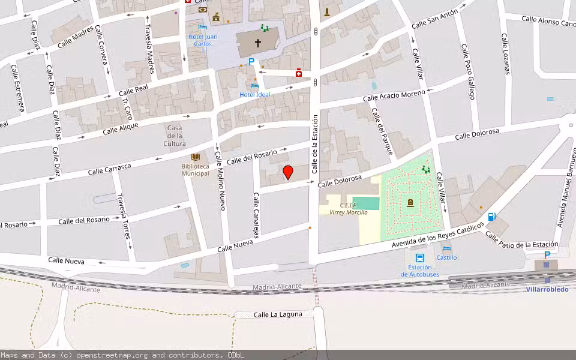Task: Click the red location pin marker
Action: tap(288, 173)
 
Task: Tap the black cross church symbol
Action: tap(258, 43)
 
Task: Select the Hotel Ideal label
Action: tap(255, 94)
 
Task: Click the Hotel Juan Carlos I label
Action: tap(203, 40)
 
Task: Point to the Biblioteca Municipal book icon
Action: tap(196, 157)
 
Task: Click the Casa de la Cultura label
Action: tap(175, 136)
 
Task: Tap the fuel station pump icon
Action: tap(491, 217)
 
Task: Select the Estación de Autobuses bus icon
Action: tap(419, 257)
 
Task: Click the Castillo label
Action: tap(446, 257)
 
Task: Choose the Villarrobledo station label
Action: tap(547, 289)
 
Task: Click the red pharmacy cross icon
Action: tap(298, 73)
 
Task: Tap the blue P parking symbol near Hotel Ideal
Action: tap(251, 61)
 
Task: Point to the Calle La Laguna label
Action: tap(274, 314)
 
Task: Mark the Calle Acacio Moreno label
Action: tap(394, 96)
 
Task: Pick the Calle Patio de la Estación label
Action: tap(521, 239)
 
